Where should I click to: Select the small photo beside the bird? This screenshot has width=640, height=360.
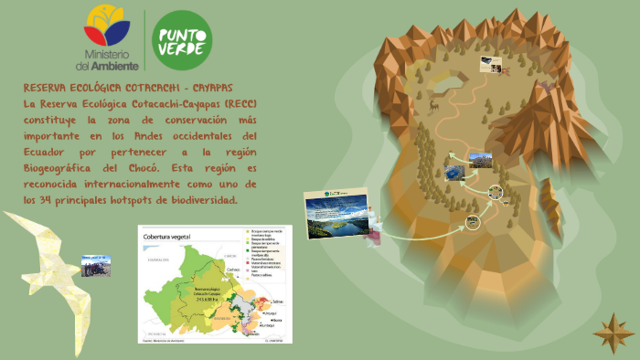click(96, 266)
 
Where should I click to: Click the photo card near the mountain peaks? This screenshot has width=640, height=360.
click(489, 64)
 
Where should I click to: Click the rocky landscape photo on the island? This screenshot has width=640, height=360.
click(480, 160)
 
